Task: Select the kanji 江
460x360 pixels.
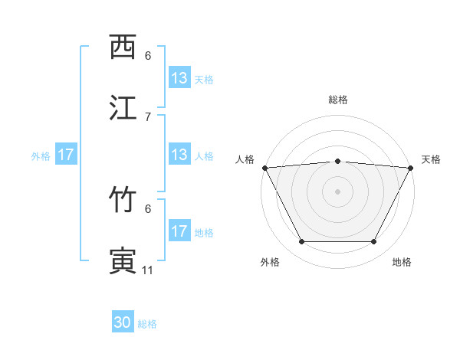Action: tap(123, 108)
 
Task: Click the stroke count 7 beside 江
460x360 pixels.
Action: tap(148, 116)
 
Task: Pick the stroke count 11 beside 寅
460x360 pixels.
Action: tap(148, 270)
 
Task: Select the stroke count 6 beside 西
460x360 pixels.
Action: tap(148, 56)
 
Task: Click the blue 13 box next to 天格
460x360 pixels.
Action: tap(179, 78)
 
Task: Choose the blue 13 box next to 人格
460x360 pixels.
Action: tap(179, 155)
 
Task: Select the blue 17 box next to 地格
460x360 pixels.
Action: tap(179, 231)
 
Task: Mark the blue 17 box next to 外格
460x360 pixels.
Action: tap(66, 155)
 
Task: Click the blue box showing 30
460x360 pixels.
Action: tap(123, 322)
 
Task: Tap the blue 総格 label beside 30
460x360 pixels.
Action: tap(148, 324)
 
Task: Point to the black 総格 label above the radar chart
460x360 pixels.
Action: tap(338, 100)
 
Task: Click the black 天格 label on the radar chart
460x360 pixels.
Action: tap(431, 159)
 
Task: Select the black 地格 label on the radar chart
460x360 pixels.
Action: tap(402, 262)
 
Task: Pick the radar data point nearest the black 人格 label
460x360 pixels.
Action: tap(264, 168)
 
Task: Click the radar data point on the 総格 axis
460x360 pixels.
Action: tap(338, 161)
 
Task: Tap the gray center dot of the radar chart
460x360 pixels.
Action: tap(338, 191)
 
